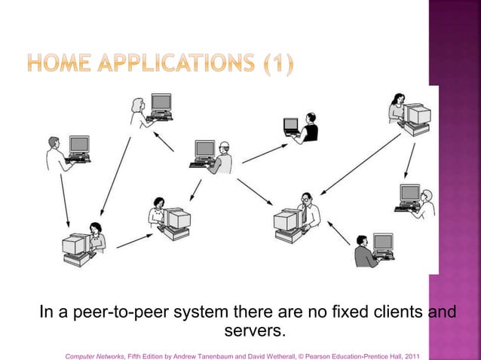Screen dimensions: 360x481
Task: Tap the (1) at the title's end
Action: [277, 64]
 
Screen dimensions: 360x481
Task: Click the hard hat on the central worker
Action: [222, 145]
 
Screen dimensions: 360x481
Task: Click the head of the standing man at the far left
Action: [53, 141]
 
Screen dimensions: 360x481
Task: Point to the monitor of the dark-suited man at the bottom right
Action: [383, 243]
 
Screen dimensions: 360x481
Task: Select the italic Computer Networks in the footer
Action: [95, 354]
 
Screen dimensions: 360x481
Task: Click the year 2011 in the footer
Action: [412, 354]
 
